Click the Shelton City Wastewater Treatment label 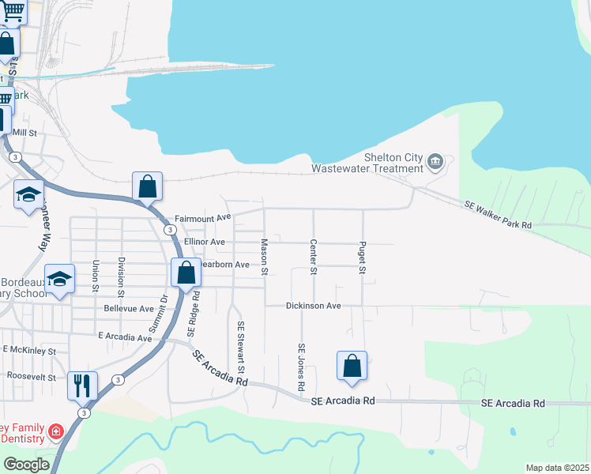point(367,162)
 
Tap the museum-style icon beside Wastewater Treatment point(435,163)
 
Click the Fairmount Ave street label point(202,217)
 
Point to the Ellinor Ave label point(205,242)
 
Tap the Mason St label point(265,258)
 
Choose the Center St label point(314,258)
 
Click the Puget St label point(363,258)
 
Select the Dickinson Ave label point(314,305)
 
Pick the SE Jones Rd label point(301,368)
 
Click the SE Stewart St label point(242,348)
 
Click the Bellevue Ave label point(129,308)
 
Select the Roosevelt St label point(32,377)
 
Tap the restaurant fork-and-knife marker point(82,386)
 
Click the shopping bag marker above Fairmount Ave point(147,186)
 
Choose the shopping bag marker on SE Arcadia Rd point(352,366)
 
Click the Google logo point(26,465)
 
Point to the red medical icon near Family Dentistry point(55,431)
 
